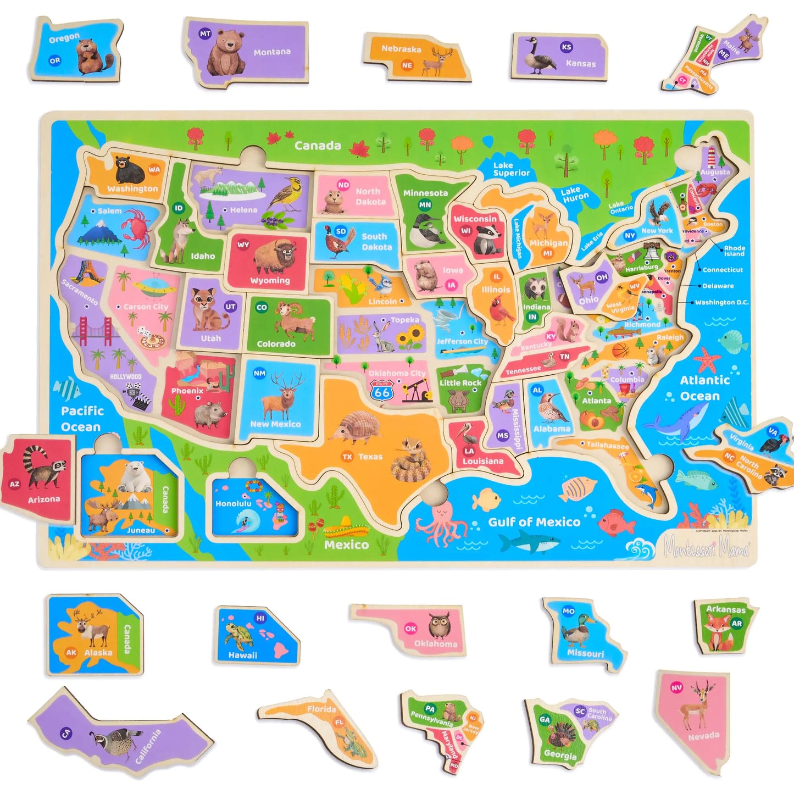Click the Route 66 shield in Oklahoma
pyautogui.click(x=382, y=391)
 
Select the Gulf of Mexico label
pyautogui.click(x=534, y=522)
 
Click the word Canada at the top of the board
pyautogui.click(x=318, y=146)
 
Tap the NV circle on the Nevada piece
pyautogui.click(x=676, y=687)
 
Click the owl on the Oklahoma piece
pyautogui.click(x=439, y=626)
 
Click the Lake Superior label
pyautogui.click(x=511, y=169)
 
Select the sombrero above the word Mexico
pyautogui.click(x=346, y=529)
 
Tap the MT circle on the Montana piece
pyautogui.click(x=205, y=34)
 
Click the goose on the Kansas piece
pyautogui.click(x=537, y=57)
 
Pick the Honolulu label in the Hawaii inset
pyautogui.click(x=233, y=503)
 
